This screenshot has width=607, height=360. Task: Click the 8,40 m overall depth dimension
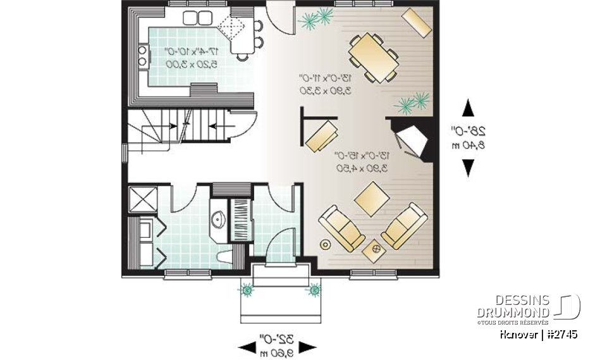tap(468, 146)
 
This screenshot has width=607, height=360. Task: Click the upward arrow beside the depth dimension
tap(468, 108)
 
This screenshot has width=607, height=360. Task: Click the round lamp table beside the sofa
tap(326, 244)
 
